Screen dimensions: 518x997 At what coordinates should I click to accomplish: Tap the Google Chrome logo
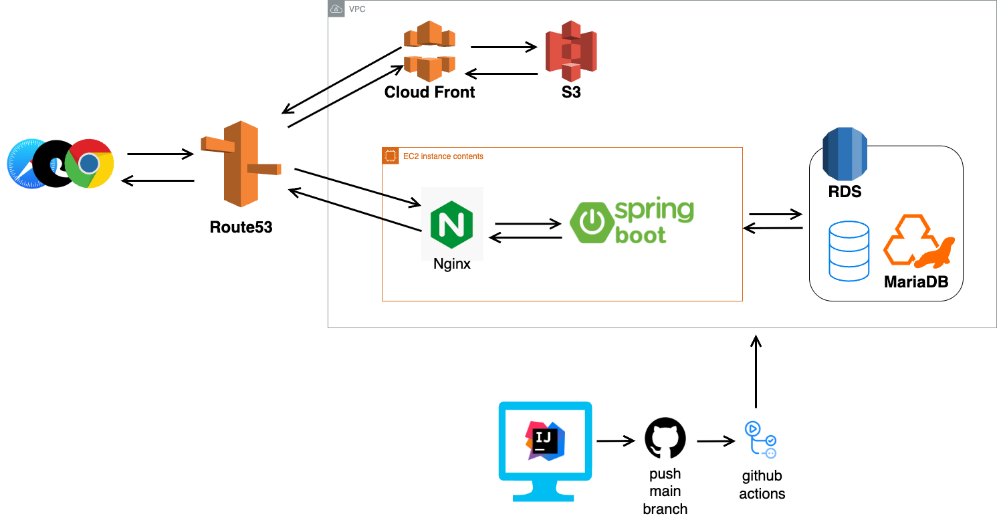[x=90, y=164]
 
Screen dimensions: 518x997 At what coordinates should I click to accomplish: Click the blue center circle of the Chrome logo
[x=90, y=164]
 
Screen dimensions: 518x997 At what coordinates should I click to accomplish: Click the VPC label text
[x=357, y=9]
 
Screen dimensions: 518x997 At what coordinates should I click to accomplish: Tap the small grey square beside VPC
[x=337, y=9]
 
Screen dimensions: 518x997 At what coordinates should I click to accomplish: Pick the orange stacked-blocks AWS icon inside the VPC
[x=429, y=51]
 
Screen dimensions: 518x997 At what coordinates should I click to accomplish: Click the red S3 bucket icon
[x=571, y=51]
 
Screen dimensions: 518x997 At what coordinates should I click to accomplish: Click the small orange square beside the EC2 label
[x=391, y=156]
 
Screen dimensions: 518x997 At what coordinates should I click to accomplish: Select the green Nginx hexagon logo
[x=452, y=223]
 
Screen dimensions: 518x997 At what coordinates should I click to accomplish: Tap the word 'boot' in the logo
[x=640, y=235]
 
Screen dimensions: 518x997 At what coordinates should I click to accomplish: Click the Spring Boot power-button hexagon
[x=591, y=222]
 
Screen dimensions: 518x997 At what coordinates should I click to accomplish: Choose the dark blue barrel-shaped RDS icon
[x=845, y=154]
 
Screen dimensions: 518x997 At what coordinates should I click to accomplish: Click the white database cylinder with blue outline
[x=849, y=251]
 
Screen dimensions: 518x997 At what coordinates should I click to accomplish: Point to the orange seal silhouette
[x=935, y=254]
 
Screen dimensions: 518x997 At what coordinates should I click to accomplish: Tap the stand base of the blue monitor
[x=544, y=497]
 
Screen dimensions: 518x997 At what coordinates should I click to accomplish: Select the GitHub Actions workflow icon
[x=762, y=441]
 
